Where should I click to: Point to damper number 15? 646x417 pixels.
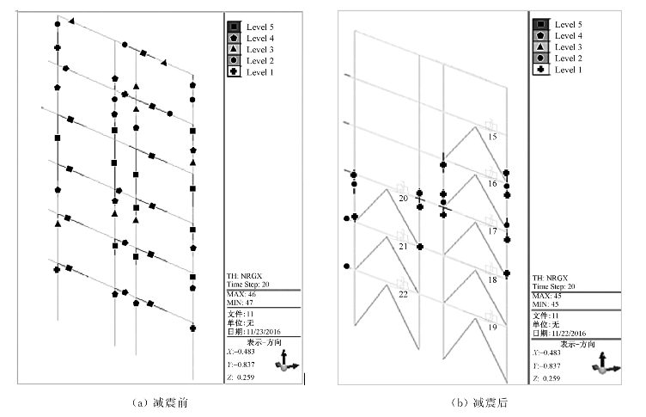(x=492, y=137)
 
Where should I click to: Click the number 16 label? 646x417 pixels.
(x=492, y=184)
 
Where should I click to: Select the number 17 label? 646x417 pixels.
(x=492, y=231)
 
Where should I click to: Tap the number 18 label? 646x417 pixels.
(x=492, y=280)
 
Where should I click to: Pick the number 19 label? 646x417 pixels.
(x=492, y=328)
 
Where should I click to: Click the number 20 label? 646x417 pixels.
(x=403, y=198)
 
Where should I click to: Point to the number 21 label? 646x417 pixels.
(x=403, y=246)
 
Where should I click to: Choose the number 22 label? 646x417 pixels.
(x=403, y=294)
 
